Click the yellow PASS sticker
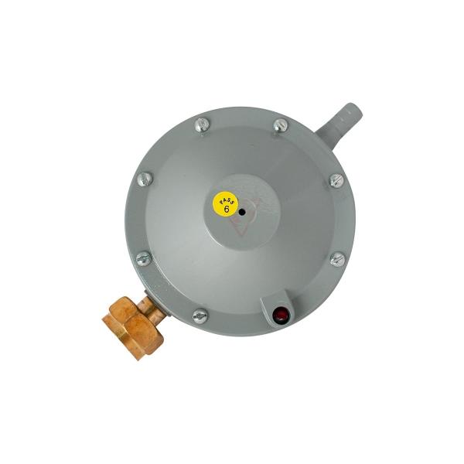[x=226, y=204]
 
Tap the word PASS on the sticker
[x=227, y=200]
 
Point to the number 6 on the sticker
[x=227, y=210]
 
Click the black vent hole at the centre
[x=242, y=212]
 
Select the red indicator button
[x=280, y=314]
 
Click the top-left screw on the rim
[x=203, y=125]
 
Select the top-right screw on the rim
[x=280, y=126]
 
